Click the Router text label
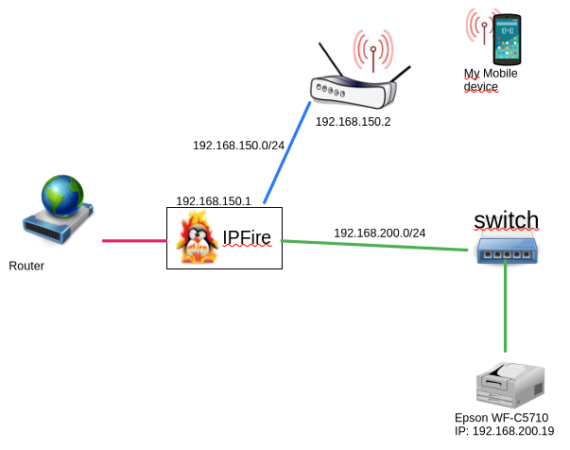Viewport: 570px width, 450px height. click(26, 266)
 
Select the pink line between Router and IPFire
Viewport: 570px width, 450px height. click(134, 240)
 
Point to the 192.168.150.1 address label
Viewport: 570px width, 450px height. click(213, 201)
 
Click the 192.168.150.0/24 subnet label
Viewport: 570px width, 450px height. click(238, 146)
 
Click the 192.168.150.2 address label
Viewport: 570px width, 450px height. click(353, 122)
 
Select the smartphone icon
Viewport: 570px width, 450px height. click(508, 38)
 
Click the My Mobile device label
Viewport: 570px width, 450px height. click(490, 80)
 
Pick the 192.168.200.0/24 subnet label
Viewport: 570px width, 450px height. click(379, 233)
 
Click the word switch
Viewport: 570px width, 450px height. click(506, 220)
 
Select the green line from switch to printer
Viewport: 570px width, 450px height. click(506, 312)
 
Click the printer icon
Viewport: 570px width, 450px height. click(511, 383)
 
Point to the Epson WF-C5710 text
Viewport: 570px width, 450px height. click(501, 418)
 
